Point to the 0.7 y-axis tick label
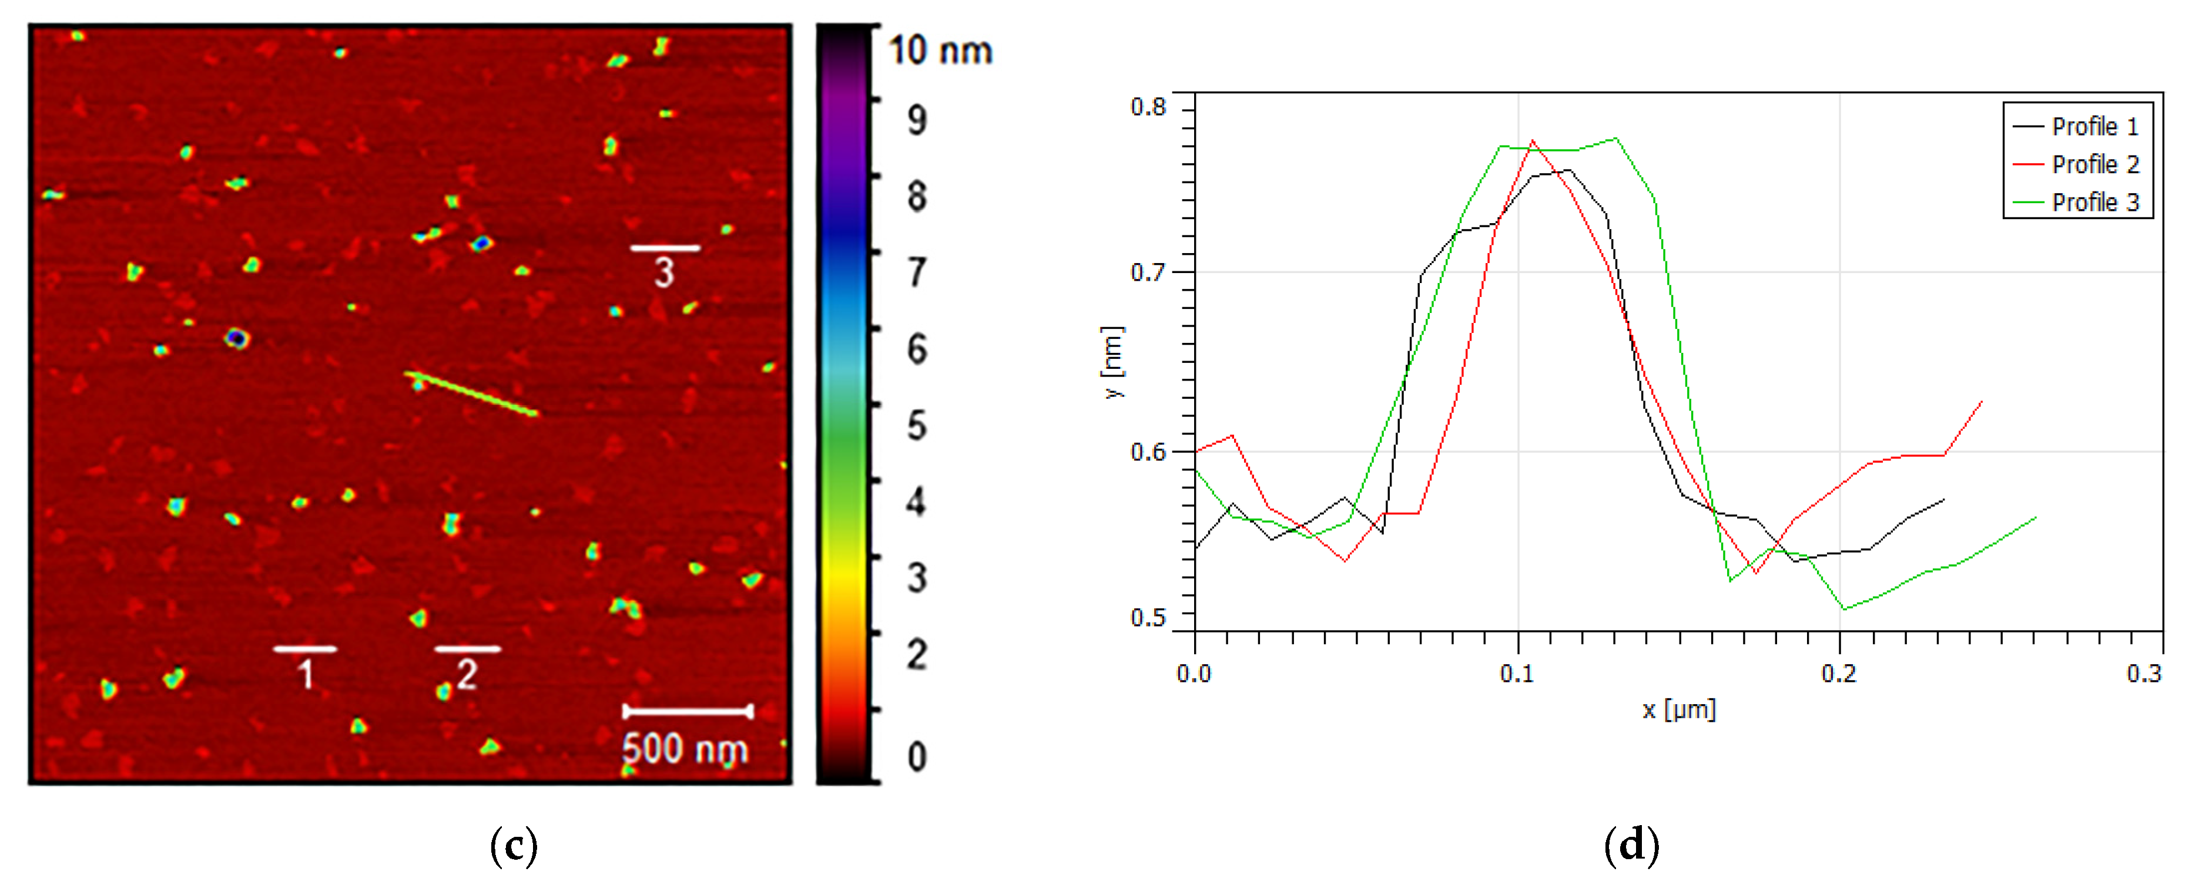click(1148, 272)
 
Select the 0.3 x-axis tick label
click(2144, 674)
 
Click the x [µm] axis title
click(1678, 709)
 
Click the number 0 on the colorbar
click(916, 756)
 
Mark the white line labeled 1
click(305, 649)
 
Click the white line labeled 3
click(665, 248)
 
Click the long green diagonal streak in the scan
click(472, 394)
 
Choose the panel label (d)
click(1631, 846)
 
